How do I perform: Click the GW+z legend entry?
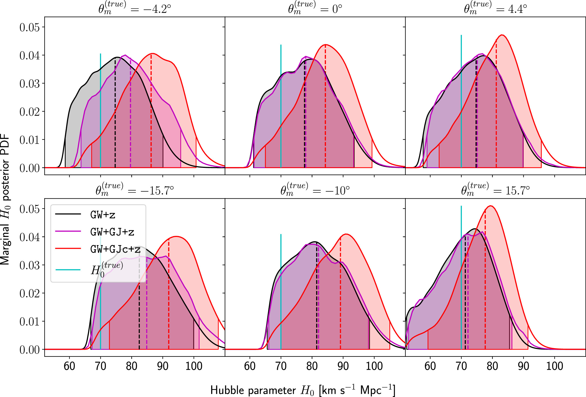click(103, 215)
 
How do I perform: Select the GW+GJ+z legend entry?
click(112, 232)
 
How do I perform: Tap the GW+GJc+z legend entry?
click(115, 249)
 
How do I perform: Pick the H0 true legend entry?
click(107, 269)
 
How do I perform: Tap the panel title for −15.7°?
click(134, 190)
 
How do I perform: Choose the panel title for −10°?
click(315, 190)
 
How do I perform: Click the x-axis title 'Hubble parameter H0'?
click(302, 390)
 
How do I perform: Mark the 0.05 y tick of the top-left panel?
click(29, 27)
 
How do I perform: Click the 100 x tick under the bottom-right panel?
click(554, 366)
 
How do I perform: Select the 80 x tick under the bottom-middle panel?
click(312, 366)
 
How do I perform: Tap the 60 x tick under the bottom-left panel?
click(69, 366)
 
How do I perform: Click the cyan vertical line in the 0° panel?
click(281, 108)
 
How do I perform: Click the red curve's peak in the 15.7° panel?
click(491, 206)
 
